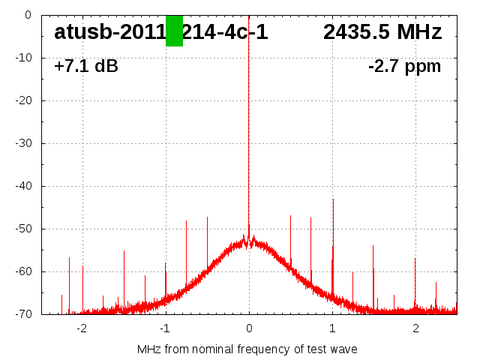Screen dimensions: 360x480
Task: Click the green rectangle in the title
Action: [174, 31]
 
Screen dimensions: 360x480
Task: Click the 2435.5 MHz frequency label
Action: [382, 32]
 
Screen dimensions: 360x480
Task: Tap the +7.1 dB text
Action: [85, 67]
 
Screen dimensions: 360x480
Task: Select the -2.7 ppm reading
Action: [404, 67]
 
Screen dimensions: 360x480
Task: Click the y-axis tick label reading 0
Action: [27, 15]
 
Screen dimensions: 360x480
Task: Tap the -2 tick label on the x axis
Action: [82, 328]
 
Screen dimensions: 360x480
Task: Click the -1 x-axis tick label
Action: [165, 328]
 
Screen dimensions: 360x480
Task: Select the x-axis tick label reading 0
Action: [249, 328]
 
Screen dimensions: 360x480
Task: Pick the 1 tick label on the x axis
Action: [332, 328]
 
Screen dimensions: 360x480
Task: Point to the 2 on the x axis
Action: [415, 328]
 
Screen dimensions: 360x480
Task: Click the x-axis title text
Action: [247, 349]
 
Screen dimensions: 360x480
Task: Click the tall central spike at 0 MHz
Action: [249, 112]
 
